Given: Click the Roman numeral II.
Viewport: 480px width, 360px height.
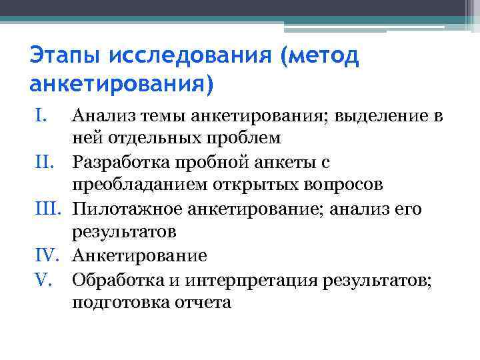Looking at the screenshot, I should tap(42, 163).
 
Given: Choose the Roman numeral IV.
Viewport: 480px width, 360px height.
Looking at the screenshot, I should tap(45, 255).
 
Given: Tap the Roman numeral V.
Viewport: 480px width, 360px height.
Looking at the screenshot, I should tap(41, 279).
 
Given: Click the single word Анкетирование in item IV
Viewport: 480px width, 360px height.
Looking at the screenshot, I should tap(139, 255).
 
